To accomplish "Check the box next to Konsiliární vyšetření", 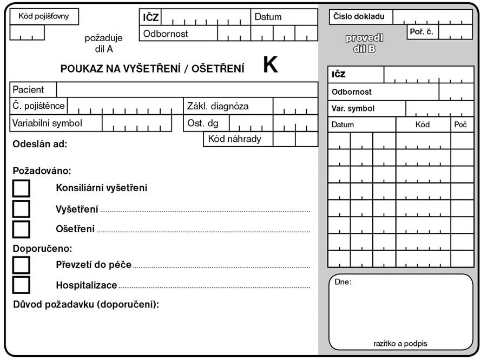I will pos(21,188).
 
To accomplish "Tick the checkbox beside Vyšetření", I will pos(21,208).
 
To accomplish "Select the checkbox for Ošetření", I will pos(21,228).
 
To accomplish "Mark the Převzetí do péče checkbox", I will pos(21,265).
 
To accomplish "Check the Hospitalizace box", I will pos(21,285).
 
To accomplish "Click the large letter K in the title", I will pos(270,66).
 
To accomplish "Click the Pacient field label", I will pos(28,89).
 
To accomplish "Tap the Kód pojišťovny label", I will pos(44,16).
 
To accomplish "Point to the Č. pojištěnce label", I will pos(38,106).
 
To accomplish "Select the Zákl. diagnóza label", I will pos(218,106).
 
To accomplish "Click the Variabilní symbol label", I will pos(47,123).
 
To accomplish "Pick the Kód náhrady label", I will pos(235,139).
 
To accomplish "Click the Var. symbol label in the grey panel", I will pos(353,108).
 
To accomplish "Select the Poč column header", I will pos(460,125).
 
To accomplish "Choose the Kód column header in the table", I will pos(423,125).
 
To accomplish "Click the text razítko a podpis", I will pos(400,343).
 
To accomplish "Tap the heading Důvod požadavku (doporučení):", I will pos(86,304).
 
